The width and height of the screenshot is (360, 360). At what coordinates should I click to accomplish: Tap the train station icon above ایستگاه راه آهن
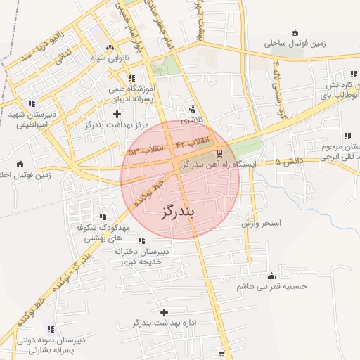(x=219, y=153)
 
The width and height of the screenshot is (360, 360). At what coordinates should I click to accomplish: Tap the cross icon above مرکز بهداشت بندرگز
(x=117, y=114)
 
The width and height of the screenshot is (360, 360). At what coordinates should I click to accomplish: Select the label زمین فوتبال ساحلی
(x=295, y=43)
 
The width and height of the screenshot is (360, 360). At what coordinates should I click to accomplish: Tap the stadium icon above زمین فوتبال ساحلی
(x=295, y=32)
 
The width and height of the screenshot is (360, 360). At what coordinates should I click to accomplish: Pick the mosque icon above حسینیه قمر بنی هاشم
(x=272, y=276)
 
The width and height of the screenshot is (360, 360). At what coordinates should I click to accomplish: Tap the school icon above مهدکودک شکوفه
(x=103, y=217)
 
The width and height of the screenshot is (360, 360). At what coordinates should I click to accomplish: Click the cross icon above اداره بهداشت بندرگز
(x=165, y=311)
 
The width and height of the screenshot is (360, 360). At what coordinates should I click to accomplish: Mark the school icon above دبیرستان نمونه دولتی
(x=50, y=328)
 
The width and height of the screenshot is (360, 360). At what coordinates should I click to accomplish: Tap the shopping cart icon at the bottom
(x=222, y=354)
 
